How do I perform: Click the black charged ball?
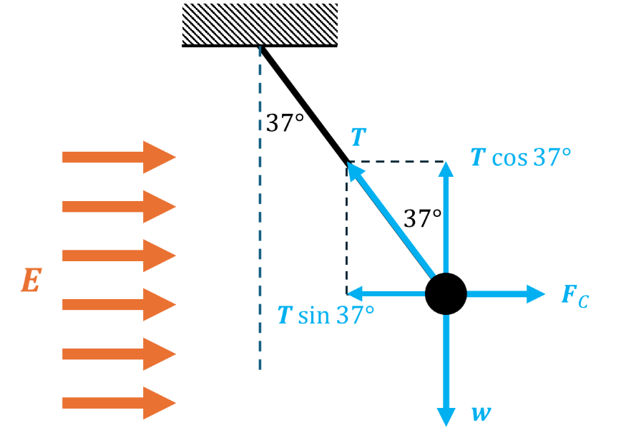pos(446,293)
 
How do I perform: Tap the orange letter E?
pos(30,281)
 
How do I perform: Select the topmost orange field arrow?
pos(119,157)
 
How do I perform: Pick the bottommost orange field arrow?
pos(119,402)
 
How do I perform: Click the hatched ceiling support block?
pos(260,24)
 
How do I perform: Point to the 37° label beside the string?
pos(285,123)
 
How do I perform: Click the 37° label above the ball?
pos(422,218)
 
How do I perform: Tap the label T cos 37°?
pos(521,157)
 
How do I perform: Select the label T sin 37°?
pos(326,315)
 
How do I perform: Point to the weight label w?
pos(480,413)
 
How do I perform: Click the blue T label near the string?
pos(358,138)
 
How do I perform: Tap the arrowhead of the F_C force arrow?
pos(536,293)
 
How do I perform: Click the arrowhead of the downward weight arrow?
pos(446,417)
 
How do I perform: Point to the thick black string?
pos(304,104)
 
